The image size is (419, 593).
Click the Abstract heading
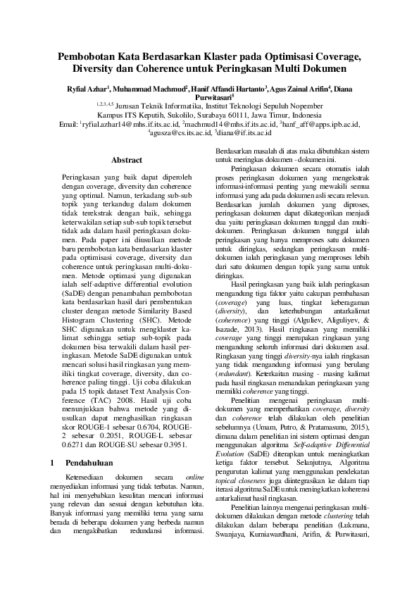127,161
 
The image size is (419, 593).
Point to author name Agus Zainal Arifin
301,90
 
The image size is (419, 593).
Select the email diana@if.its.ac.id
246,132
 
